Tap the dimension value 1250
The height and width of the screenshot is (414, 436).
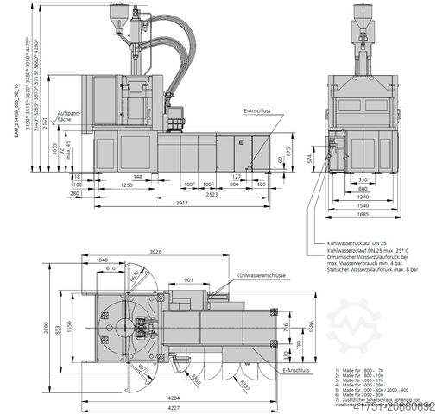[x=126, y=184]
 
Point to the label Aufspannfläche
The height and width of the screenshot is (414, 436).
[x=69, y=117]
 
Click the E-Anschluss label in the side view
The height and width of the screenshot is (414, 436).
[x=256, y=111]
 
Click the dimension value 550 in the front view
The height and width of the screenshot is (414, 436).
[x=363, y=179]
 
